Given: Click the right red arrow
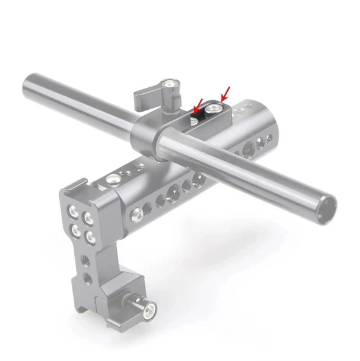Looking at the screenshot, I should click(225, 93).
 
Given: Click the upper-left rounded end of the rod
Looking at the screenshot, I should click(29, 84).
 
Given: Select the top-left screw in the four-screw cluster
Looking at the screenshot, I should click(74, 213).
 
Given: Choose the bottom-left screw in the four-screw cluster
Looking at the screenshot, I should click(77, 230).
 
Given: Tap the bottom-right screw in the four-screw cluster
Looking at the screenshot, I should click(91, 237).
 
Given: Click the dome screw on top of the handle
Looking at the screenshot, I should click(113, 179).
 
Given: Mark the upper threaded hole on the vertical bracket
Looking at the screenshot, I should click(86, 260).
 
